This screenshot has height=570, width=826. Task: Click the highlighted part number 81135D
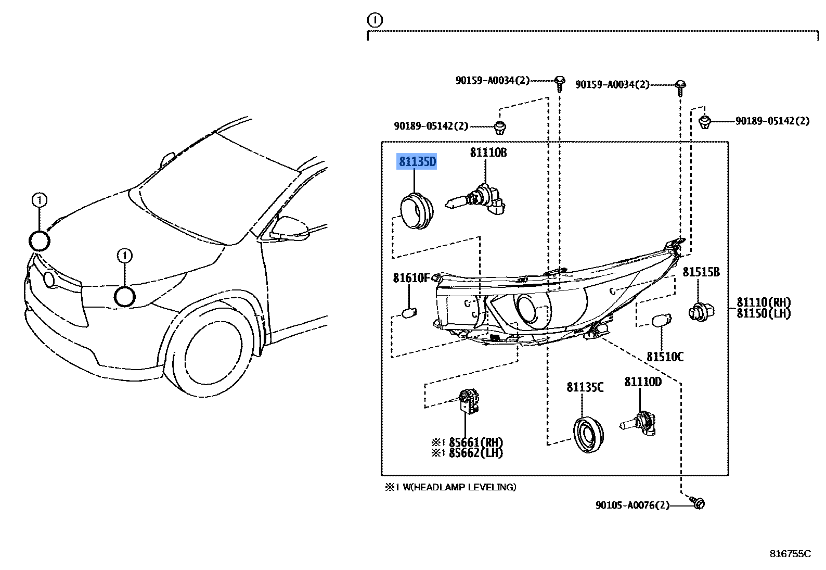click(417, 162)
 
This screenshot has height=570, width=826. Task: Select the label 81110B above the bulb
click(488, 153)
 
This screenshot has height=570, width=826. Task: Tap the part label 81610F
click(411, 278)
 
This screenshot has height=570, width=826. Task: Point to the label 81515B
click(701, 272)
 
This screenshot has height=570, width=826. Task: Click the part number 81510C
click(665, 357)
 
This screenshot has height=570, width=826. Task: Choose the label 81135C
click(585, 387)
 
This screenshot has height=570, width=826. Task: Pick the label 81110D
click(643, 382)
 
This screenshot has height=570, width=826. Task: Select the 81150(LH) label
click(763, 313)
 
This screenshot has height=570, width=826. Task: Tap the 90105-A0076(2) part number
click(633, 505)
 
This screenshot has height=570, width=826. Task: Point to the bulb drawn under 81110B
click(477, 201)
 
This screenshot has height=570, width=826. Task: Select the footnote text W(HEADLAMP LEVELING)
click(456, 487)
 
